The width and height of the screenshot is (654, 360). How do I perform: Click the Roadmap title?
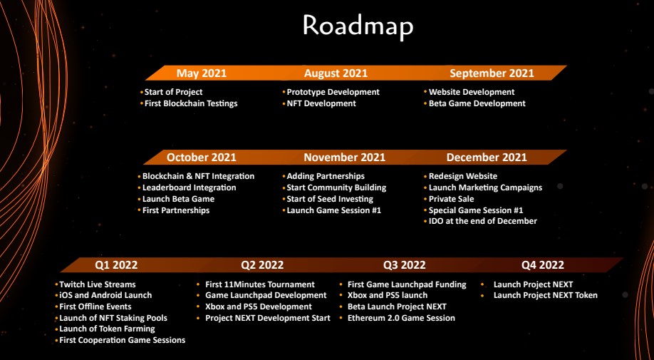click(358, 26)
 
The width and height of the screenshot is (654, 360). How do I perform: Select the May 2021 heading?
click(202, 73)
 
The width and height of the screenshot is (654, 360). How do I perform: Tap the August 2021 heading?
click(336, 73)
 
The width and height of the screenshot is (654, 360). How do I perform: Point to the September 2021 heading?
click(492, 73)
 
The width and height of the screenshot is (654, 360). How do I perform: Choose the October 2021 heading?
click(202, 158)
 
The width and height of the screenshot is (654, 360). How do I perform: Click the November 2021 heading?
click(345, 158)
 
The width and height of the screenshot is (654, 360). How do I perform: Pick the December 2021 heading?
click(487, 158)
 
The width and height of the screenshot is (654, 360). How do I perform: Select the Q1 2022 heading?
click(116, 265)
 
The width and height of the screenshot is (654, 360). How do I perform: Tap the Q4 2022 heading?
click(543, 265)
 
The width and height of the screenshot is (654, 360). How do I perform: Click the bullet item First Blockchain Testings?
click(191, 103)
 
